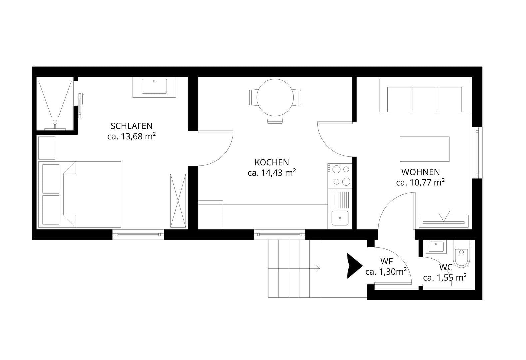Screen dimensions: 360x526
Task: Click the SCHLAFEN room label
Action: pyautogui.click(x=131, y=126)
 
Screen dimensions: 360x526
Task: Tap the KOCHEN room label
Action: pyautogui.click(x=271, y=162)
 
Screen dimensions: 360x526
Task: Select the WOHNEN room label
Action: pyautogui.click(x=420, y=172)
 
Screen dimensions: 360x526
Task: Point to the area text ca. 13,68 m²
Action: pyautogui.click(x=132, y=136)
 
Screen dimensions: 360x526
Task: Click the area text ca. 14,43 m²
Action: pyautogui.click(x=272, y=173)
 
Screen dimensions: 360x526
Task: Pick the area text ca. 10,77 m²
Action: pyautogui.click(x=420, y=182)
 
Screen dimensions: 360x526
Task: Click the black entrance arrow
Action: pyautogui.click(x=354, y=266)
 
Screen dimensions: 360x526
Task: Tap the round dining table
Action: pyautogui.click(x=275, y=97)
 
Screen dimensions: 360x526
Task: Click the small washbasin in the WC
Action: pyautogui.click(x=435, y=247)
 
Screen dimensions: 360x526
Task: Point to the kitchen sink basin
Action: pyautogui.click(x=340, y=218)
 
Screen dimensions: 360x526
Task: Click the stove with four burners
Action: pyautogui.click(x=340, y=175)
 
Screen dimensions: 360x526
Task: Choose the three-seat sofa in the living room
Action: pyautogui.click(x=424, y=99)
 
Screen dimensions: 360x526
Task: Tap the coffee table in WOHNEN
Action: pyautogui.click(x=424, y=149)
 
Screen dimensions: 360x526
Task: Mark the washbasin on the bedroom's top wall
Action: pyautogui.click(x=154, y=86)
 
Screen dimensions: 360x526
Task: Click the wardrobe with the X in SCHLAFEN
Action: pyautogui.click(x=178, y=201)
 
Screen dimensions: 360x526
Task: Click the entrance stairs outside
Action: pyautogui.click(x=294, y=269)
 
